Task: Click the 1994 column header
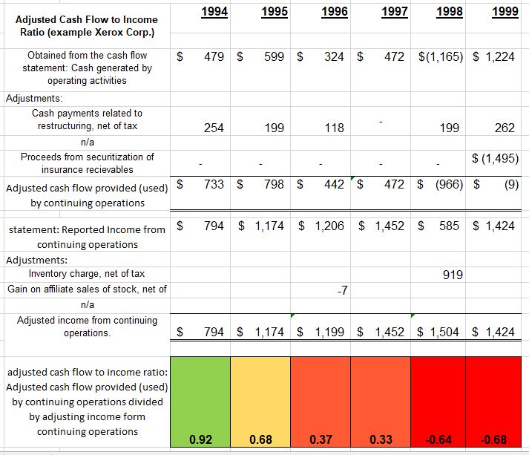pyautogui.click(x=214, y=12)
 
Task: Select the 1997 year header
pyautogui.click(x=395, y=12)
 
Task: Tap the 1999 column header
pyautogui.click(x=505, y=12)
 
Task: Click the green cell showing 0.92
pyautogui.click(x=200, y=402)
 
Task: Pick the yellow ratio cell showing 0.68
pyautogui.click(x=260, y=402)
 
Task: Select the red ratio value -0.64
pyautogui.click(x=438, y=439)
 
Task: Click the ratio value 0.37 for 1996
pyautogui.click(x=321, y=439)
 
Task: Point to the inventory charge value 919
pyautogui.click(x=453, y=275)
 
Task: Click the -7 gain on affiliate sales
pyautogui.click(x=343, y=290)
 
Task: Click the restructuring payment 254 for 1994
pyautogui.click(x=214, y=128)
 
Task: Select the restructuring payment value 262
pyautogui.click(x=505, y=128)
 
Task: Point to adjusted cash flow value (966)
pyautogui.click(x=449, y=184)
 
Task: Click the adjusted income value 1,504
pyautogui.click(x=444, y=332)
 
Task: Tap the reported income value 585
pyautogui.click(x=449, y=226)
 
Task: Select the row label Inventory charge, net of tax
pyautogui.click(x=87, y=273)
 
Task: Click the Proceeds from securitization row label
pyautogui.click(x=87, y=163)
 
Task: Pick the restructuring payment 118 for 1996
pyautogui.click(x=334, y=128)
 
